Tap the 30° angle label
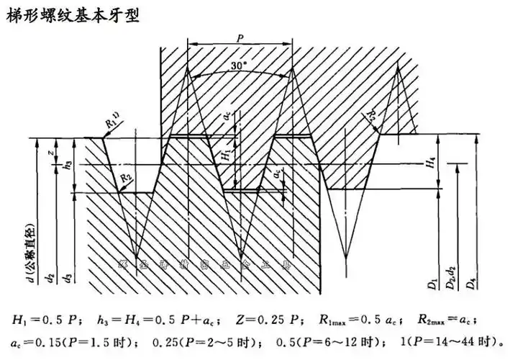(238, 64)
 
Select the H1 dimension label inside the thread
(225, 153)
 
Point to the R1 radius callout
(111, 124)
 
